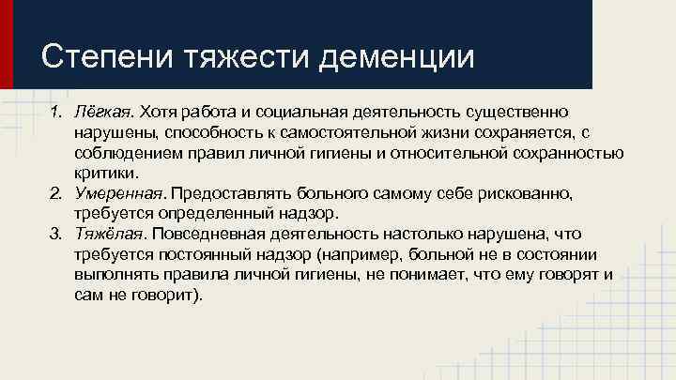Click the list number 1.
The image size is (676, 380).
[x=55, y=113]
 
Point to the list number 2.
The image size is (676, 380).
[x=55, y=192]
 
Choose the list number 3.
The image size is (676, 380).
[x=55, y=233]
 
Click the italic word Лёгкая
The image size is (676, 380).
[x=100, y=113]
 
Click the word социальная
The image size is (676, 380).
[x=309, y=113]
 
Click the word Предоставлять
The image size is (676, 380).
[x=228, y=192]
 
